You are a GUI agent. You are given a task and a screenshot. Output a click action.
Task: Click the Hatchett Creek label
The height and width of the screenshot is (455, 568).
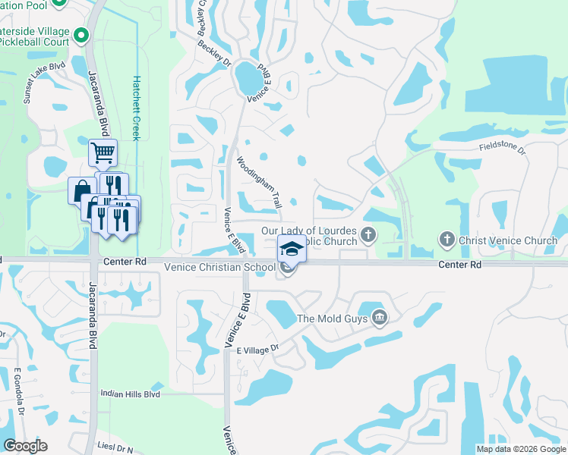(137, 107)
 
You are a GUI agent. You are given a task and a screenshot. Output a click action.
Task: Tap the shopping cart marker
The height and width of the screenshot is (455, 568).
(103, 152)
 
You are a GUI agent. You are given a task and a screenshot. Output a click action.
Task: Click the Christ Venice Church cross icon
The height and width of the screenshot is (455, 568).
(447, 240)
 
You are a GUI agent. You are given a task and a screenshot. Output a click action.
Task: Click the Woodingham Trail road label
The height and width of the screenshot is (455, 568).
(259, 183)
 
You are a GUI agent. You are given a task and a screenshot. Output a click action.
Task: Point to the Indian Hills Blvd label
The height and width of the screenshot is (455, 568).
(130, 394)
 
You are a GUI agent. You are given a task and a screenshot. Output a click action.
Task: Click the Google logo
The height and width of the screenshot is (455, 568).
(25, 446)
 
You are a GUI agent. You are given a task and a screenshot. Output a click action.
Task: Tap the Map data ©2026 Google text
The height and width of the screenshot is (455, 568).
(520, 449)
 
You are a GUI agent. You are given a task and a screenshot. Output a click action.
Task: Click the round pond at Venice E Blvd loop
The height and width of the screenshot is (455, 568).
(247, 76)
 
